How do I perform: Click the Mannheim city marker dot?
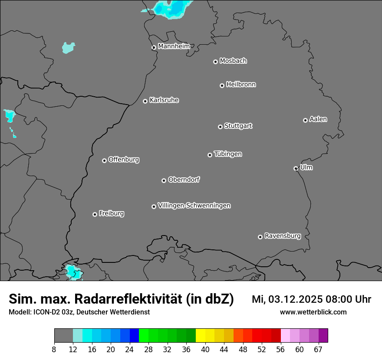point(154,48)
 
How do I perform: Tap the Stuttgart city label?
point(238,126)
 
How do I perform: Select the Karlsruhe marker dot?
point(145,101)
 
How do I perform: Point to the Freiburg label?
point(111,213)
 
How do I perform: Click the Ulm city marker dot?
point(296,169)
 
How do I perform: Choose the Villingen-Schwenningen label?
point(194,206)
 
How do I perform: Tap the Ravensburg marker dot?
point(260,237)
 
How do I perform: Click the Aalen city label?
point(318,119)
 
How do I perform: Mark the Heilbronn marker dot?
point(222,86)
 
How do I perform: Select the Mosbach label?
point(233,61)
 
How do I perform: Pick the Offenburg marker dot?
point(105,160)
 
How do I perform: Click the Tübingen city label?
point(228,154)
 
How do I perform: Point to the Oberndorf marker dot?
point(164,181)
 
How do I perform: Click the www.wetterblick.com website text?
point(313,312)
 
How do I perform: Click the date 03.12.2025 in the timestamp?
point(295,299)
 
